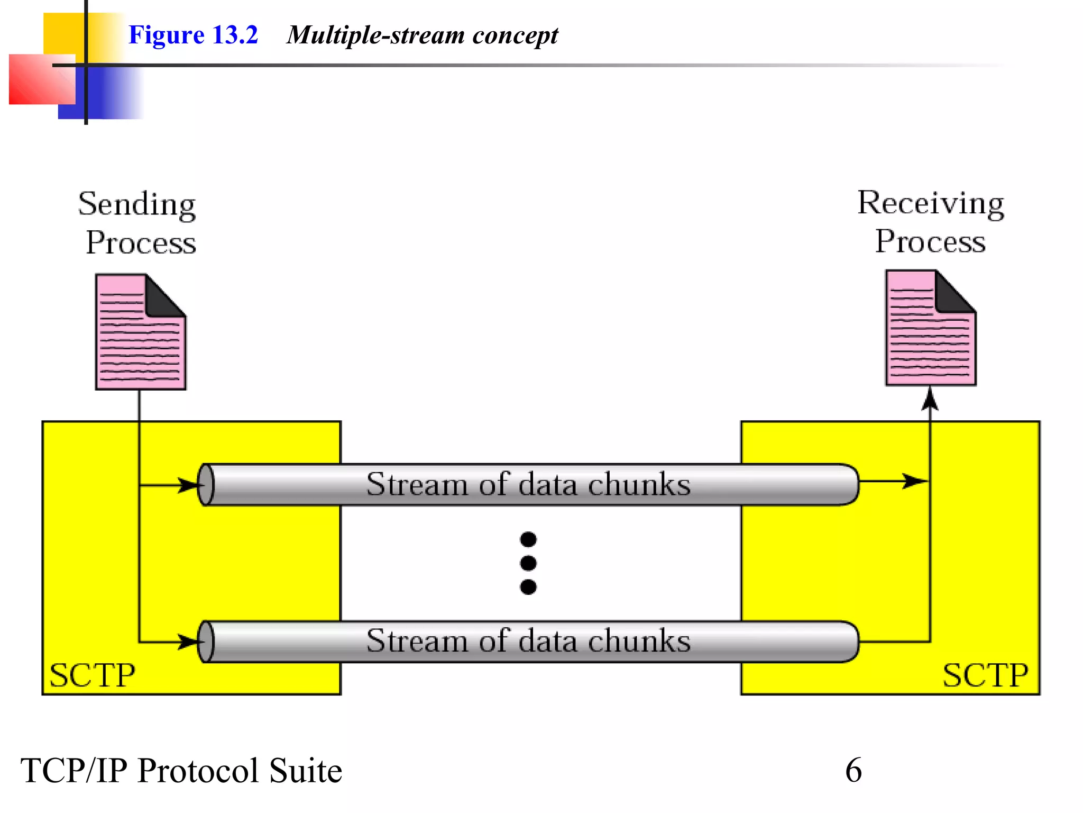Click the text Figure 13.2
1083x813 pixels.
[x=193, y=35]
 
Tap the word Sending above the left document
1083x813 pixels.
[x=137, y=205]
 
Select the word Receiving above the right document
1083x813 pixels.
[x=931, y=204]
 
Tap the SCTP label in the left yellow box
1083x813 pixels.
[x=92, y=676]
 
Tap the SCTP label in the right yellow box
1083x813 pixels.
[x=985, y=676]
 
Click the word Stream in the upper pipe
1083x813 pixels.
[x=417, y=484]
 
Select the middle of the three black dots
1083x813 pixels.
[x=528, y=563]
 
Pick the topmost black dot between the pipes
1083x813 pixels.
[x=528, y=539]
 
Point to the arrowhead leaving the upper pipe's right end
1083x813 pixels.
[x=914, y=481]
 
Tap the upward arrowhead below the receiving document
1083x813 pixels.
[x=930, y=400]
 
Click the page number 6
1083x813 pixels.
[x=853, y=770]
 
